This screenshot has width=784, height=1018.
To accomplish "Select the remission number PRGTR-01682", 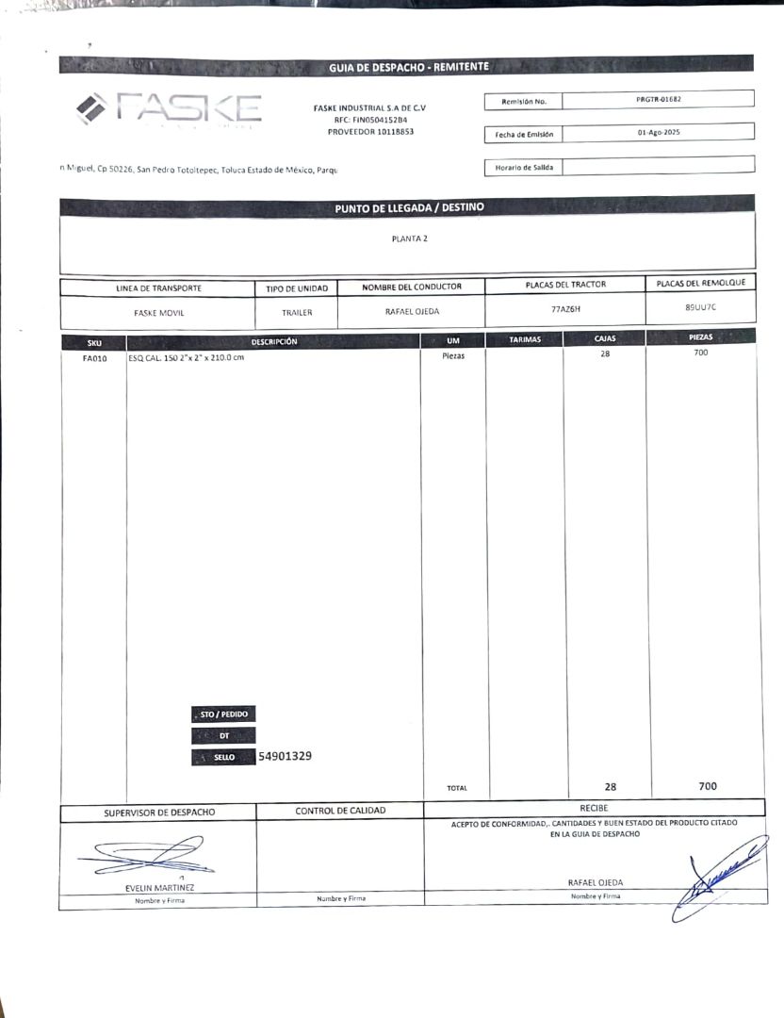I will [659, 99].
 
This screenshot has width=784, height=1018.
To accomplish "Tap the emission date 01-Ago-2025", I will [658, 133].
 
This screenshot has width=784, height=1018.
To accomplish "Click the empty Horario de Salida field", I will [658, 166].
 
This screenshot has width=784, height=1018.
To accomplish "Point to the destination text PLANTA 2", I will [410, 238].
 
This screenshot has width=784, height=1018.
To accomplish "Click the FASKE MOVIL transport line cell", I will [158, 312].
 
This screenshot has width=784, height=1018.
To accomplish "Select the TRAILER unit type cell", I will [296, 312].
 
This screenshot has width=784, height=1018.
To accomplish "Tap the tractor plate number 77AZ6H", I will [565, 308].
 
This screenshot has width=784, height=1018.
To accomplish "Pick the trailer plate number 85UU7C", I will [700, 307].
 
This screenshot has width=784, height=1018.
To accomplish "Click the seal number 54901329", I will [286, 756].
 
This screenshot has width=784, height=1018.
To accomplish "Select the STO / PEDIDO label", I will [223, 714].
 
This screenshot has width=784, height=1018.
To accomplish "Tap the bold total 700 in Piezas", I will [708, 786].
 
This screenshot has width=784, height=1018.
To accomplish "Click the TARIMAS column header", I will [525, 339].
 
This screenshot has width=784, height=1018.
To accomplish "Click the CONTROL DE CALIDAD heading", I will [340, 811].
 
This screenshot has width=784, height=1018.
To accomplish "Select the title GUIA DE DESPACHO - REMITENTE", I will [409, 67].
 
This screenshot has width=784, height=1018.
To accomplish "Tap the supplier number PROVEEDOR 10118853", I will [370, 132].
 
